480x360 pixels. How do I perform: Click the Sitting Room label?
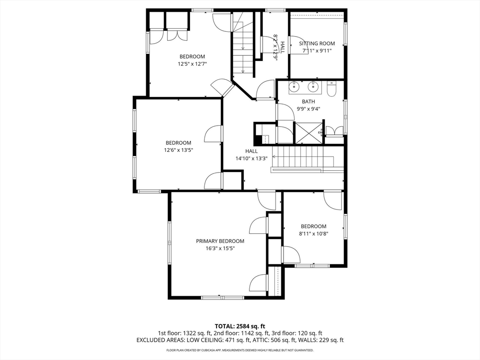(317, 44)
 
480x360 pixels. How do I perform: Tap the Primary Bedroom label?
(220, 241)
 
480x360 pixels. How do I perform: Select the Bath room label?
(308, 102)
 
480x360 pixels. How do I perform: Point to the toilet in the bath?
(331, 89)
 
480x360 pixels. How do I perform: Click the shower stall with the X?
(308, 133)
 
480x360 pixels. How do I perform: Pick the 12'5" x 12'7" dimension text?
(192, 64)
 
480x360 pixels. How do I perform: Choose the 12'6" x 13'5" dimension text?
(179, 150)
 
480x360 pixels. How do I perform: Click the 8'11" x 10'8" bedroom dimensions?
(314, 234)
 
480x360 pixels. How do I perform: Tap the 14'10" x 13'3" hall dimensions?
(251, 158)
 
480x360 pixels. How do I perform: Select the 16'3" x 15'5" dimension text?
(220, 248)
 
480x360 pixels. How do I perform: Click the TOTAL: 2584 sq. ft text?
(240, 326)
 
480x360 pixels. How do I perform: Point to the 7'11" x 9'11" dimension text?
(317, 51)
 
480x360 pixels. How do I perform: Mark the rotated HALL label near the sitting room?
(282, 47)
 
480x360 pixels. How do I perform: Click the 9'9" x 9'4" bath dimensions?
(308, 109)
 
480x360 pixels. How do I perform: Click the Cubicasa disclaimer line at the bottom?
(240, 350)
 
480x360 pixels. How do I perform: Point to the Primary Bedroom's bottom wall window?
(223, 297)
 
